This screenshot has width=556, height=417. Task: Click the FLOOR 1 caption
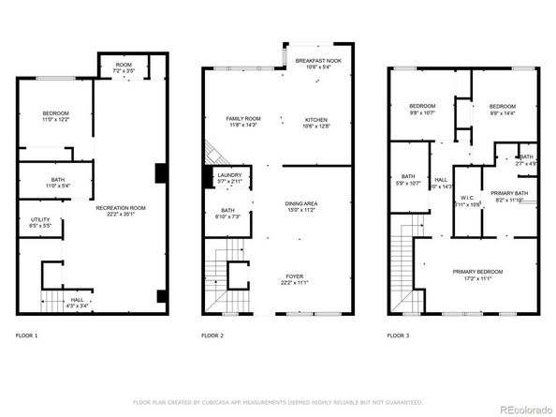27,334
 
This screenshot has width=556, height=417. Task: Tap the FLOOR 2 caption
213,334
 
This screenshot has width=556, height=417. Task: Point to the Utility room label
40,222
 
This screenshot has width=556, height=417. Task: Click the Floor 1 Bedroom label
54,115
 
